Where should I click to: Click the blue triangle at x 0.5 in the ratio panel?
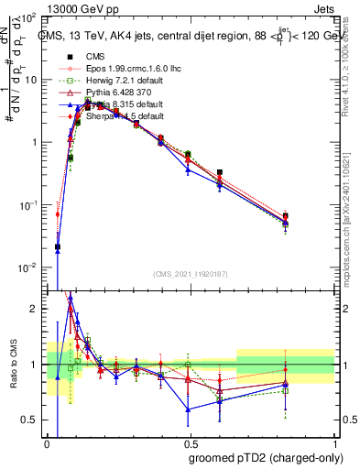pos(189,409)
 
